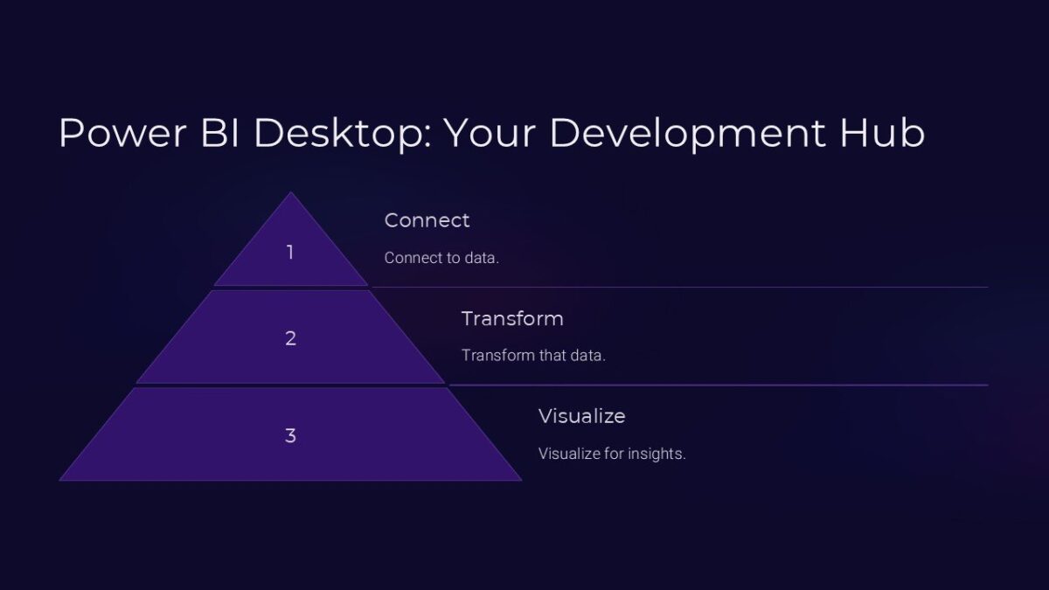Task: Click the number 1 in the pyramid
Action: pos(290,253)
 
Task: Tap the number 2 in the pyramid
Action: pos(290,338)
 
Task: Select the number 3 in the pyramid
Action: pos(290,435)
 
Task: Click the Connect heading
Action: pos(427,220)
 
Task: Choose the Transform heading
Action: pos(512,318)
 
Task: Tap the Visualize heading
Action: pos(581,416)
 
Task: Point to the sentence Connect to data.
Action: pos(441,259)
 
